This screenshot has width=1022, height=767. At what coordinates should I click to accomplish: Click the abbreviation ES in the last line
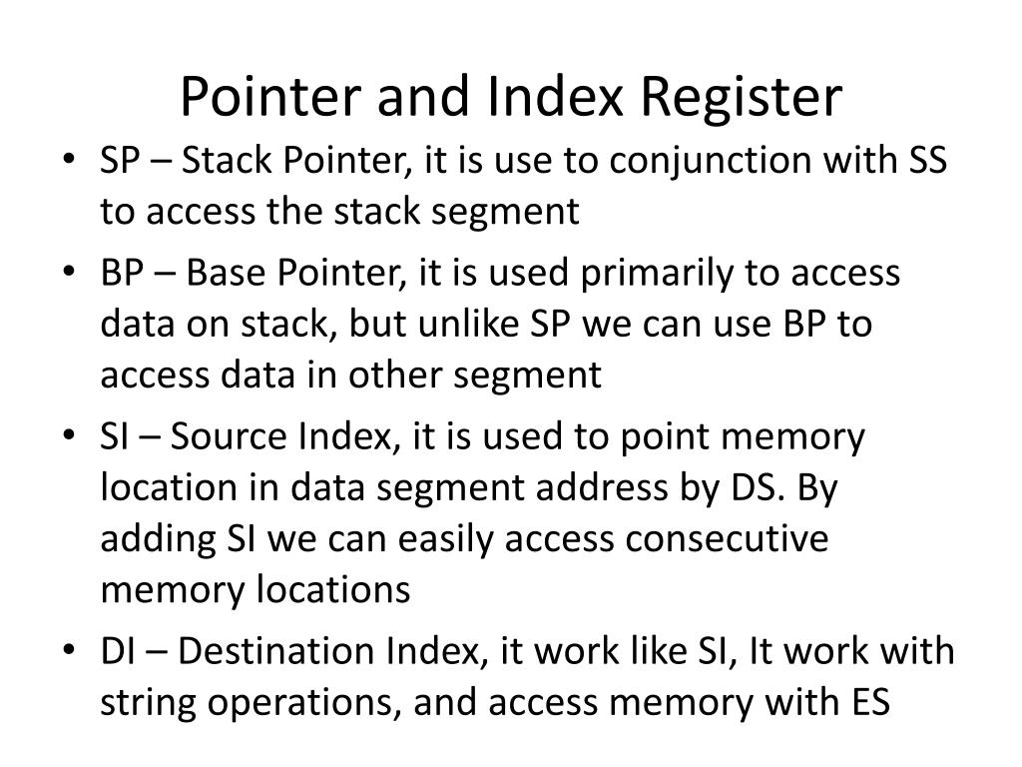tap(866, 703)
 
